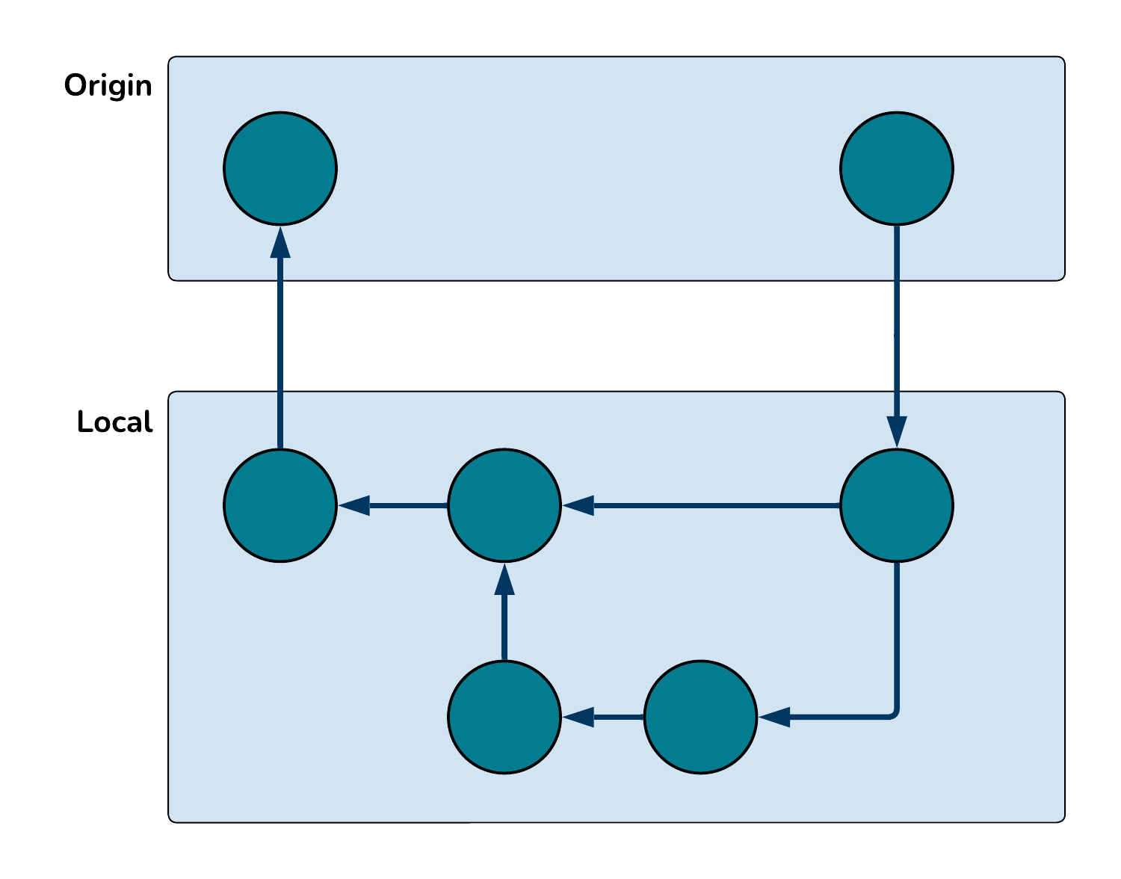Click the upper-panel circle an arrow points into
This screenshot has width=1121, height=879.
pos(280,168)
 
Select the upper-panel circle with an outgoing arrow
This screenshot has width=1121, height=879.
pos(897,168)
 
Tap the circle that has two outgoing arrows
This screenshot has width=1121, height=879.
pos(897,505)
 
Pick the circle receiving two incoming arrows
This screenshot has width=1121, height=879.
pos(504,505)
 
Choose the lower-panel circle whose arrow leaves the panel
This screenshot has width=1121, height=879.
pos(280,505)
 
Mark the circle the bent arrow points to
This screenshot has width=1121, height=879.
pos(700,717)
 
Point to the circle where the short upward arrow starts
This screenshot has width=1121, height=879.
pos(504,717)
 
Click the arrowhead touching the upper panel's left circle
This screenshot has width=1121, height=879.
pos(280,243)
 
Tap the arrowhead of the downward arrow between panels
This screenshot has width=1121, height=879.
pos(897,431)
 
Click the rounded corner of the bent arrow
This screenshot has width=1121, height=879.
pos(894,714)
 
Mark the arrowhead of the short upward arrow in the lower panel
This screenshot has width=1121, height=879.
pos(504,580)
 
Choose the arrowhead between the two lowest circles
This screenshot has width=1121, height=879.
pos(578,717)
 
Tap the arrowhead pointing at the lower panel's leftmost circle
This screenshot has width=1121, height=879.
pos(355,505)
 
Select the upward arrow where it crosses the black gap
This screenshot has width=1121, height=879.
pos(280,336)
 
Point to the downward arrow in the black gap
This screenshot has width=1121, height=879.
pos(897,336)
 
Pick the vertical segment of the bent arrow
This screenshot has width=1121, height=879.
pos(897,635)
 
